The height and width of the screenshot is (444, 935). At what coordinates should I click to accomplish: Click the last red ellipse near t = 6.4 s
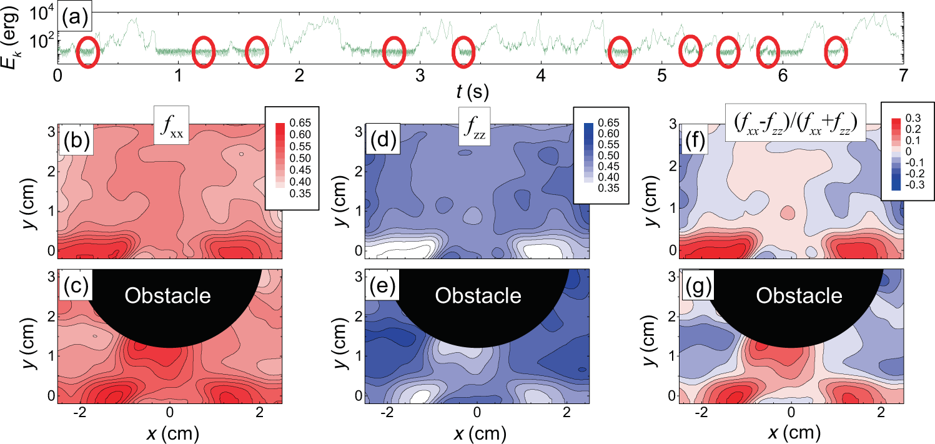click(836, 53)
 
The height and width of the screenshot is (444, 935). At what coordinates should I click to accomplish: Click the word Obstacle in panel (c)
click(168, 295)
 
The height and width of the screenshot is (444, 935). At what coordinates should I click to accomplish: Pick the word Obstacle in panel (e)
click(477, 295)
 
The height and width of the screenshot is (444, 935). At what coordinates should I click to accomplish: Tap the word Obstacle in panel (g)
click(791, 295)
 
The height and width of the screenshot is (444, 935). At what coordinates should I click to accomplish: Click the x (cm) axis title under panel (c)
click(170, 433)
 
